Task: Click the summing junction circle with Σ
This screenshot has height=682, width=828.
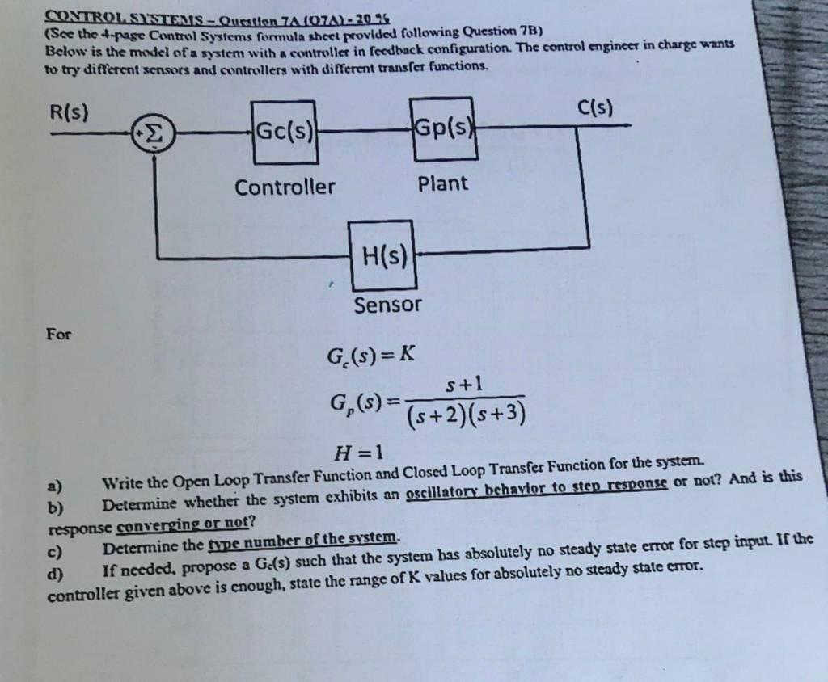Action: [154, 133]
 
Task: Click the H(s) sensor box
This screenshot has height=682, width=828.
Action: [383, 257]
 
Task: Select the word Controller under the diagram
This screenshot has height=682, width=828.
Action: [285, 187]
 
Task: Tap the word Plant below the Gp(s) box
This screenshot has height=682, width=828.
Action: [443, 183]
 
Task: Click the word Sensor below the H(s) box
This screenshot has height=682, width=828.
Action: [388, 305]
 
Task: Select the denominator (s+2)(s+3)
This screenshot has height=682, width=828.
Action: [465, 415]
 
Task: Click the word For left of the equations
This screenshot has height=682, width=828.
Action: [58, 333]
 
